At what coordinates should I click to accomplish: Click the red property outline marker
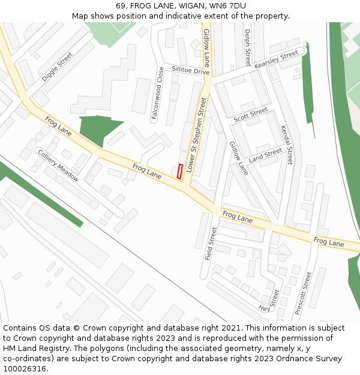(180, 171)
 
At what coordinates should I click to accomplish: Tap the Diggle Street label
(58, 67)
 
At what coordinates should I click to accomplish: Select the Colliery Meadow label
(58, 166)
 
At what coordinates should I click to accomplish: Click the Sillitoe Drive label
(191, 71)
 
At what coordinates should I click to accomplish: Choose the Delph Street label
(247, 47)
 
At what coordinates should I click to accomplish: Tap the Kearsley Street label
(277, 59)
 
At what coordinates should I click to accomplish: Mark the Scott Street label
(251, 113)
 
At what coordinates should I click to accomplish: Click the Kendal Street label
(286, 145)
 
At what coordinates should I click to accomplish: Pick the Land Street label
(265, 155)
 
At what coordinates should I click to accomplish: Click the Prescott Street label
(304, 293)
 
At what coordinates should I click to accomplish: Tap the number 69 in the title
(120, 6)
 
